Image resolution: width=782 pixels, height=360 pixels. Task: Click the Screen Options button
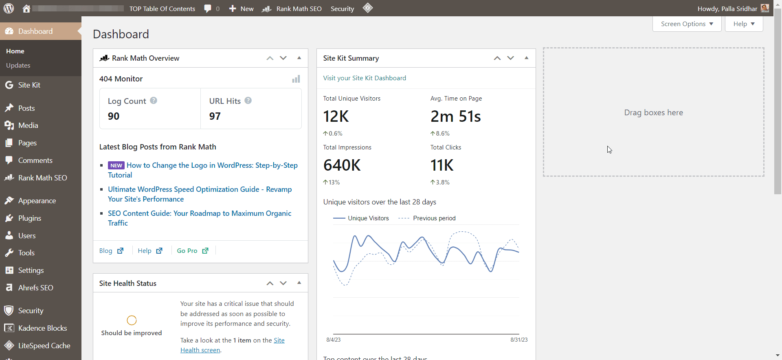[687, 24]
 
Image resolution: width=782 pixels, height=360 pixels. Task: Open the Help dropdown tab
[744, 24]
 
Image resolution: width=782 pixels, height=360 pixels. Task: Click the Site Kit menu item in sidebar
[29, 85]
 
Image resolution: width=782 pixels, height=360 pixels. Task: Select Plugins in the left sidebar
[29, 218]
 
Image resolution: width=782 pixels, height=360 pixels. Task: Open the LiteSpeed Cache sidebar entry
[44, 346]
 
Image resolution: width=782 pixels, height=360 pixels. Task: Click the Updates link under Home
[18, 66]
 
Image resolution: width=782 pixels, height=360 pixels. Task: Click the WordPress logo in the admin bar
[9, 8]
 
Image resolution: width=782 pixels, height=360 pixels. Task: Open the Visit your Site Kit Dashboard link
[365, 78]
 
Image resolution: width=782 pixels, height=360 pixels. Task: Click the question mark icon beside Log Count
[154, 101]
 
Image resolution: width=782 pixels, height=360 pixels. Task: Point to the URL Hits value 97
[215, 116]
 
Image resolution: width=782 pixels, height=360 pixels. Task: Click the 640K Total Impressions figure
[342, 165]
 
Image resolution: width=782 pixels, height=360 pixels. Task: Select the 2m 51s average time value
[455, 116]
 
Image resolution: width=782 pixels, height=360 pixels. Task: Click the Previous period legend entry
[434, 218]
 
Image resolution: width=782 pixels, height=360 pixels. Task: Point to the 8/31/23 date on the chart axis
[518, 340]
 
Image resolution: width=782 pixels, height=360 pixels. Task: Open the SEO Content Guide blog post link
[199, 214]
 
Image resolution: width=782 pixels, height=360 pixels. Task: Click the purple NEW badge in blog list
[116, 166]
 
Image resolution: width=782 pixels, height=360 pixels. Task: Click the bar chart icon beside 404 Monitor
[296, 79]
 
